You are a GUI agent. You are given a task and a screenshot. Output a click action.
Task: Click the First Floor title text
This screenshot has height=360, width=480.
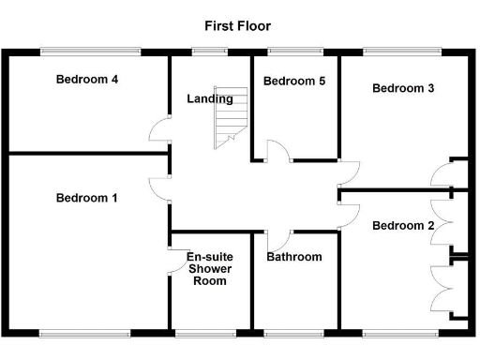pos(237,26)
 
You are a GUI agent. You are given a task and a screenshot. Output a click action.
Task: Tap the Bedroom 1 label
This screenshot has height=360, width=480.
pos(86,198)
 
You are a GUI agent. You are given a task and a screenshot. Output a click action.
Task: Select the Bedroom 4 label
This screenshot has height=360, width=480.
pos(86,80)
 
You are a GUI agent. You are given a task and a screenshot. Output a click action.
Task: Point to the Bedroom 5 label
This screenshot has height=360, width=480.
pos(293,82)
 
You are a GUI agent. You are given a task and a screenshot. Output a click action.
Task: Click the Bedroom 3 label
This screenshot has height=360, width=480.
pos(403,89)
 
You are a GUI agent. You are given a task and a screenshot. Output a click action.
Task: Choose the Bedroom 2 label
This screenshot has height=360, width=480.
pos(403,226)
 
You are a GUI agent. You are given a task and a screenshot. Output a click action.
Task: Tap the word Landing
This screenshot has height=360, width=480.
pos(210,99)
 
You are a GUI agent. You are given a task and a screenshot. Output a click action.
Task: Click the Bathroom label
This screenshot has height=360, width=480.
pos(293,257)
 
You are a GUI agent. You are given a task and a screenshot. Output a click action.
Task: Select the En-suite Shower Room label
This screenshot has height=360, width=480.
pos(210,268)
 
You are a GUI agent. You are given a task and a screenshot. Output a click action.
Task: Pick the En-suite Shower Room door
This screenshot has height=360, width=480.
pos(176,261)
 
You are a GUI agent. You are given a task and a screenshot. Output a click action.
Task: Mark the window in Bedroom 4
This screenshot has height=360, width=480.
pos(90,51)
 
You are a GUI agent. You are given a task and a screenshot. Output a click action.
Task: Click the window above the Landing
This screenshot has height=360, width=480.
pos(210,51)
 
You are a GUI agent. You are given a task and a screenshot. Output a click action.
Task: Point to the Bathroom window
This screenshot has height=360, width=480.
pos(293,332)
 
